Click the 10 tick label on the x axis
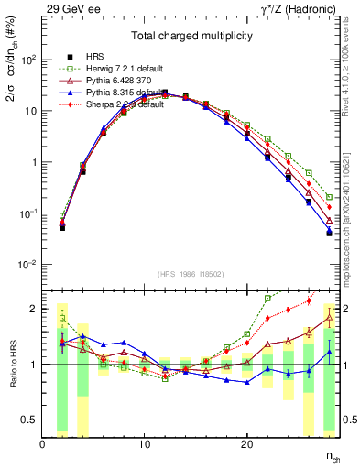point(144,444)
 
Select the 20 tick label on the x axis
point(246,444)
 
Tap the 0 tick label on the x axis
point(42,444)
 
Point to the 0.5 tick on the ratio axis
point(27,420)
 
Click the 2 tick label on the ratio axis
point(33,309)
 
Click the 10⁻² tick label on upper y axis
point(27,265)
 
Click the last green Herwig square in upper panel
point(329,196)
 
